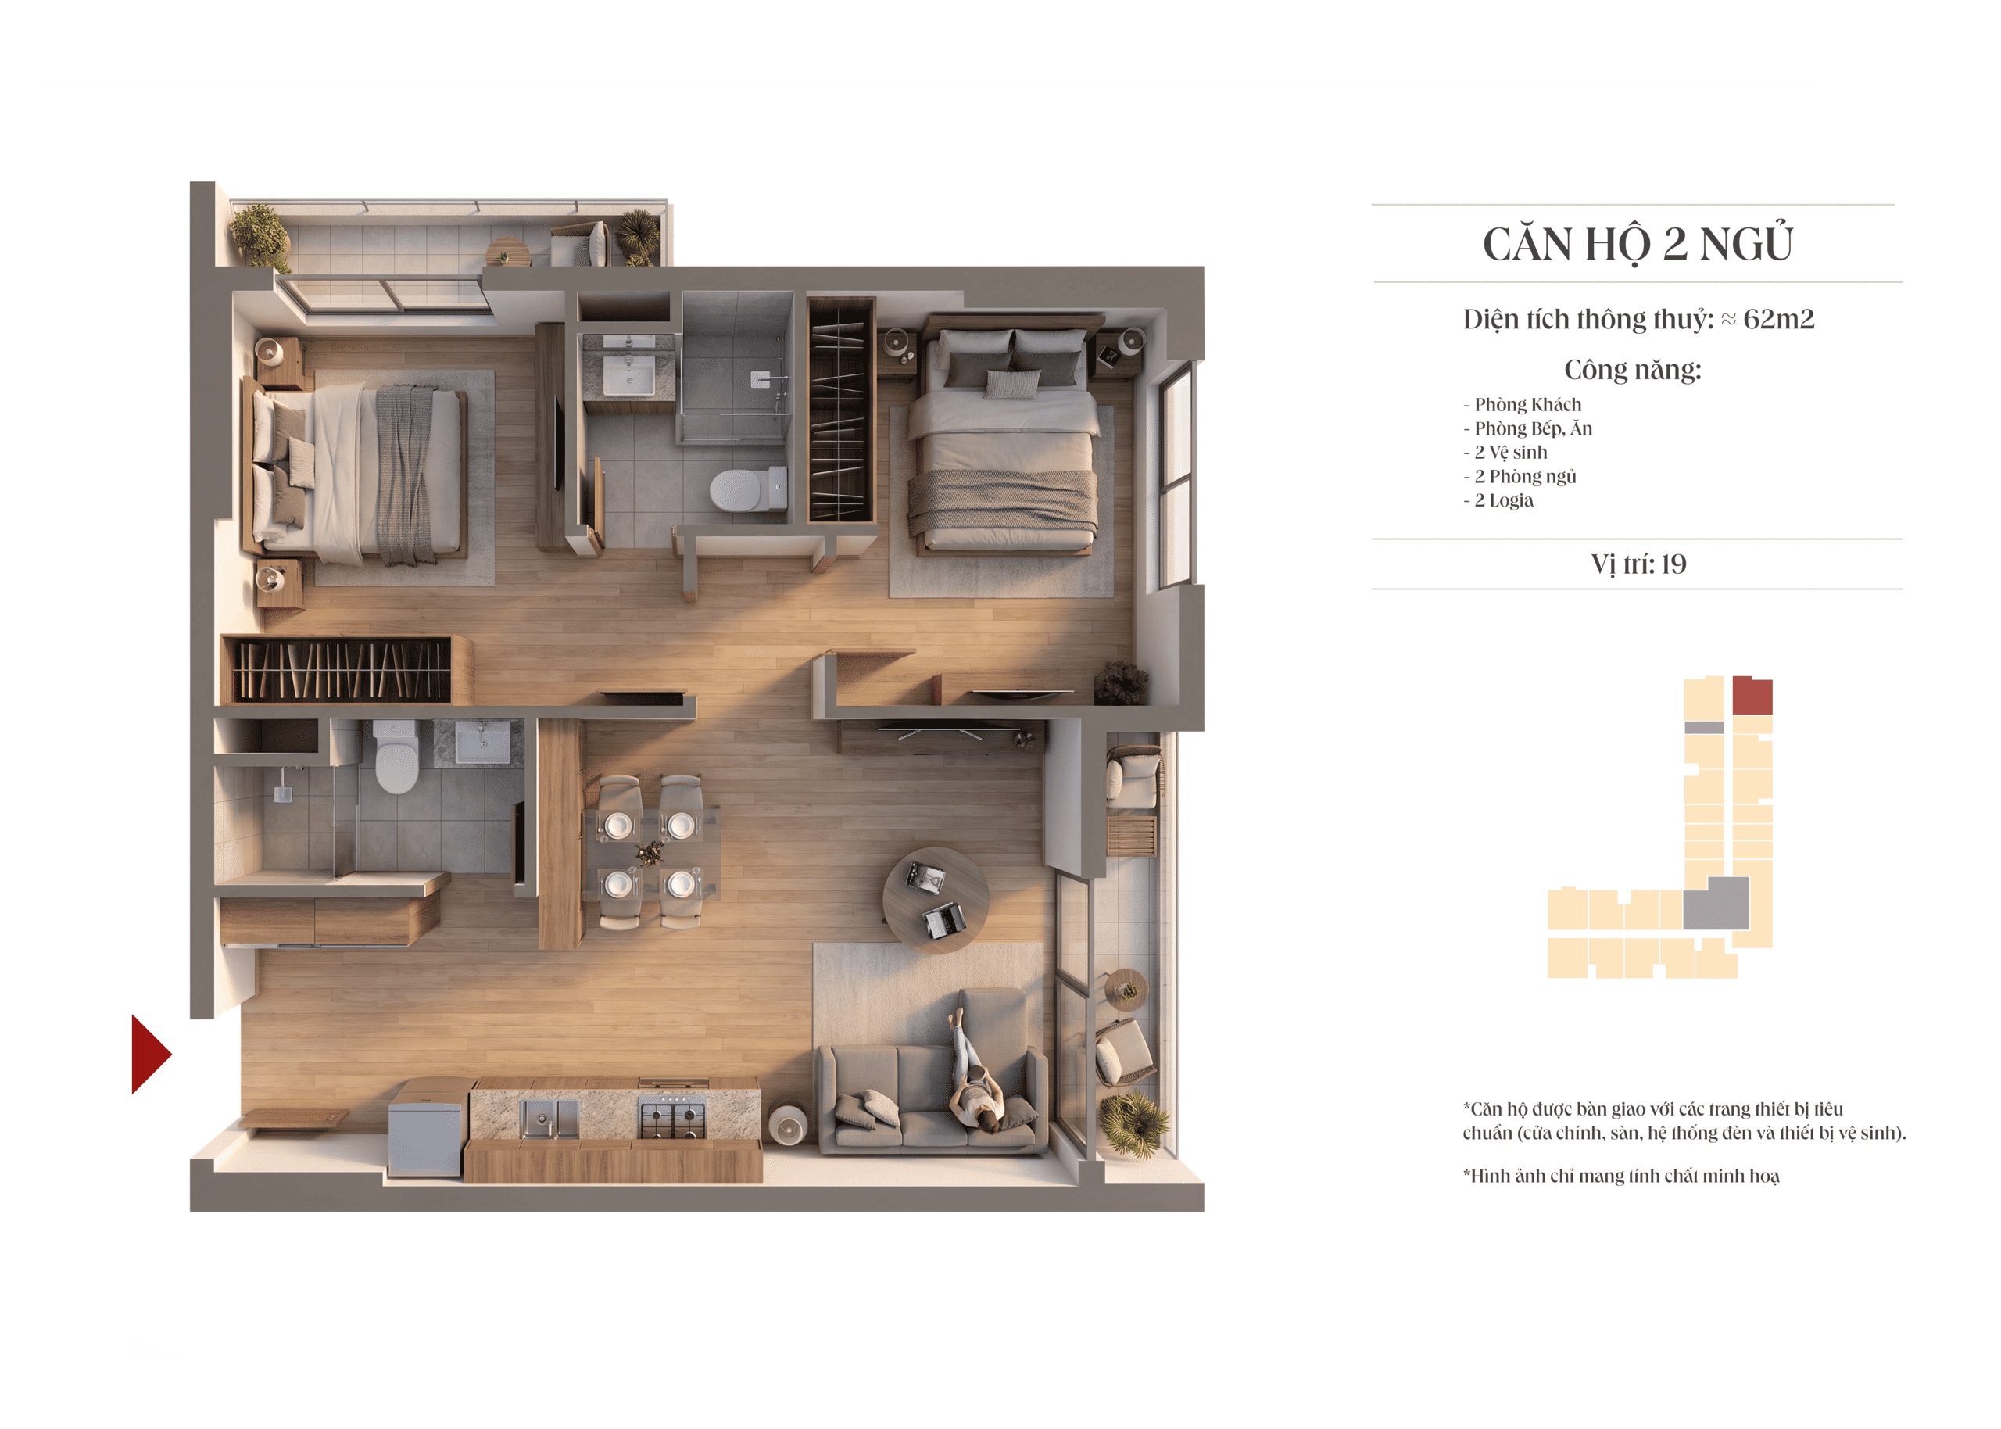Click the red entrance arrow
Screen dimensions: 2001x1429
(x=149, y=1053)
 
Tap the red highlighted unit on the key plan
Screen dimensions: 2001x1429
(x=1751, y=695)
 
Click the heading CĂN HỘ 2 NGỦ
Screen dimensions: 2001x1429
(x=1637, y=243)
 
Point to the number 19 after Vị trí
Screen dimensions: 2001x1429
(x=1673, y=564)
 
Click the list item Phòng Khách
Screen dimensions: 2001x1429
(x=1527, y=405)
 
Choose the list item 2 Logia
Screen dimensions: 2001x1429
(x=1503, y=500)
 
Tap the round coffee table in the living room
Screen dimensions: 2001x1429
(x=935, y=899)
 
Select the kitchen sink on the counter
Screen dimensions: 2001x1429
(x=549, y=1119)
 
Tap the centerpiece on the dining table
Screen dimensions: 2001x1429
(x=650, y=852)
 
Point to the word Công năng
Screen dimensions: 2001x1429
(x=1631, y=370)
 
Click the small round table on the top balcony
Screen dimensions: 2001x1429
(x=507, y=252)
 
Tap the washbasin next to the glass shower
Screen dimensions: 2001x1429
(x=628, y=375)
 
